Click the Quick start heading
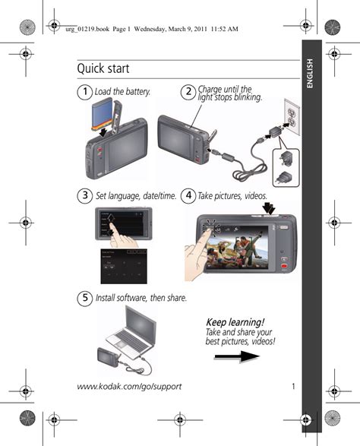tap(103, 68)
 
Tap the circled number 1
tap(85, 92)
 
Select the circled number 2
tap(188, 92)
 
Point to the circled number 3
tap(85, 196)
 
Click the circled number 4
tap(188, 196)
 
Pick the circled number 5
tap(85, 298)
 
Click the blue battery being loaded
tap(102, 114)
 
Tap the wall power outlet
tap(292, 117)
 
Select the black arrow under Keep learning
tap(237, 356)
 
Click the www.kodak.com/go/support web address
tap(129, 387)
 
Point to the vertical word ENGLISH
tap(310, 74)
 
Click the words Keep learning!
tap(235, 323)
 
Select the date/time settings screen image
tap(124, 266)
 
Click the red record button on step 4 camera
tap(284, 267)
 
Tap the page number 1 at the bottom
tap(293, 386)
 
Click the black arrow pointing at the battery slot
tap(104, 131)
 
